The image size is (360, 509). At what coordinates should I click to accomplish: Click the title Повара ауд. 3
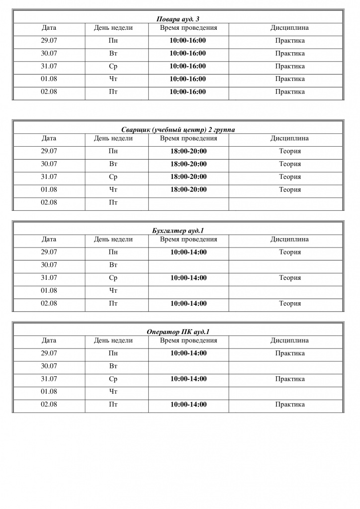[178, 19]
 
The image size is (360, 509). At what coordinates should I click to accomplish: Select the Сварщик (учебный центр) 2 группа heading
[178, 130]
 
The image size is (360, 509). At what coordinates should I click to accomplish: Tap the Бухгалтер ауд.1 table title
[178, 231]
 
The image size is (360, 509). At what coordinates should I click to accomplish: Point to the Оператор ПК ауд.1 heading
[178, 332]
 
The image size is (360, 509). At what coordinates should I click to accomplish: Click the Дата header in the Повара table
[49, 28]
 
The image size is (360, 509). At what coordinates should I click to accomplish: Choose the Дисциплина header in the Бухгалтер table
[289, 239]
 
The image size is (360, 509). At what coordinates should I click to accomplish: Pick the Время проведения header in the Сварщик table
[188, 138]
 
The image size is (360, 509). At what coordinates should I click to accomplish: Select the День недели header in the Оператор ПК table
[113, 340]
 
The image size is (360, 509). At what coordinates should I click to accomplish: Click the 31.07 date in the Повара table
[49, 66]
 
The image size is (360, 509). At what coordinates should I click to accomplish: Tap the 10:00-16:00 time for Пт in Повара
[188, 91]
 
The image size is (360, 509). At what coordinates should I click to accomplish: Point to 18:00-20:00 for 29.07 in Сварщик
[188, 151]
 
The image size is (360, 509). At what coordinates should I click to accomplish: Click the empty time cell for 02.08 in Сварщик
[188, 202]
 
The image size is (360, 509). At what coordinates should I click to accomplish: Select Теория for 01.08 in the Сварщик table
[290, 189]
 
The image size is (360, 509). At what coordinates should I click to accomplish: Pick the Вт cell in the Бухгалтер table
[113, 265]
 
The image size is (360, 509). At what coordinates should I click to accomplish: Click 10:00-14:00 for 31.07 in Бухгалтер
[188, 278]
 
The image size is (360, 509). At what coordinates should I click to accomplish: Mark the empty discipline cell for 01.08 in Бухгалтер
[286, 291]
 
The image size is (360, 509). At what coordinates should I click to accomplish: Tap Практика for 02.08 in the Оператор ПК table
[290, 405]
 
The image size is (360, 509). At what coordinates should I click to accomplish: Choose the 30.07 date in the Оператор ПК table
[49, 366]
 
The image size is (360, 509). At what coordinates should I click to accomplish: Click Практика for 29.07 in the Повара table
[290, 41]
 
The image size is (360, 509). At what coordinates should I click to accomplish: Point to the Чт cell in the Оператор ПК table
[113, 392]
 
